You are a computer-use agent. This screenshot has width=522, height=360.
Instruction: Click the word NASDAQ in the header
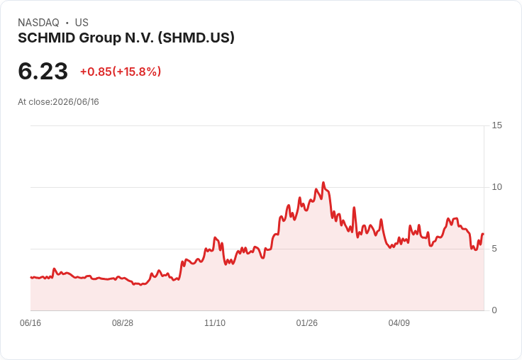[x=38, y=23]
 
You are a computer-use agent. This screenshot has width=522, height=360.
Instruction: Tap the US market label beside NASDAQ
[x=82, y=23]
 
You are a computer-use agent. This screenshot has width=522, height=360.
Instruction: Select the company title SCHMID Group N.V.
[x=86, y=38]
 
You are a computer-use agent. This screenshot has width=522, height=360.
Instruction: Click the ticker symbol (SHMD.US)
[x=196, y=38]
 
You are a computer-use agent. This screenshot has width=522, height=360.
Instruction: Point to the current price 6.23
[x=43, y=72]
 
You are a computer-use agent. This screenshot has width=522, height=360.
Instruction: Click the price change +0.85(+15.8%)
[x=121, y=72]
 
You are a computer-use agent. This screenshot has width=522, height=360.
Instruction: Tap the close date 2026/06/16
[x=76, y=102]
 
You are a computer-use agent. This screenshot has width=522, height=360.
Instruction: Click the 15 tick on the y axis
[x=496, y=125]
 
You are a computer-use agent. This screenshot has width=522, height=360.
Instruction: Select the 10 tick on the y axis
[x=496, y=187]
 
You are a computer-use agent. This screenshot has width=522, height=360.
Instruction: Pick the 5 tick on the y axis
[x=494, y=249]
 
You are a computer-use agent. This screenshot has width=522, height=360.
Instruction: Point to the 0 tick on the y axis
[x=494, y=310]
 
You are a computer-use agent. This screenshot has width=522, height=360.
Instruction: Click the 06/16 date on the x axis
[x=30, y=322]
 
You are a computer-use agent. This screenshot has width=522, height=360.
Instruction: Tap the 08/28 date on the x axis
[x=123, y=322]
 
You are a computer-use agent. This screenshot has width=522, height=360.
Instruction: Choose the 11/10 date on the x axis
[x=215, y=322]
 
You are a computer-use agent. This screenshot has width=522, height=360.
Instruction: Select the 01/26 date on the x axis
[x=307, y=322]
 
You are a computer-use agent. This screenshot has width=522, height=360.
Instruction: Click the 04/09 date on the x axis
[x=399, y=322]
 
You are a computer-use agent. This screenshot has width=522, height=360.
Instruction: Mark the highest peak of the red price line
[x=323, y=183]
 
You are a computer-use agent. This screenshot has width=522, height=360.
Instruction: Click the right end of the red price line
[x=483, y=235]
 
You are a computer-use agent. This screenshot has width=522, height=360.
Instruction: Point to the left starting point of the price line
[x=31, y=277]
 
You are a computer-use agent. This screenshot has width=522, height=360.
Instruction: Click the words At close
[x=34, y=102]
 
